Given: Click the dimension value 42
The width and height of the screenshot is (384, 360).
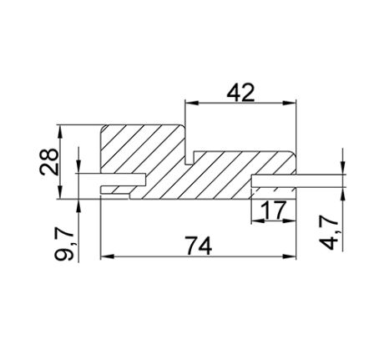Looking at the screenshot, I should point(240,92).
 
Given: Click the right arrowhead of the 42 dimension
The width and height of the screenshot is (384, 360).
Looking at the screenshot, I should point(292,104).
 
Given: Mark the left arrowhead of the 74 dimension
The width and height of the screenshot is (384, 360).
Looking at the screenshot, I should point(105,256).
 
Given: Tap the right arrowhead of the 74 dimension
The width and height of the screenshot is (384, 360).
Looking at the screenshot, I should point(292,256).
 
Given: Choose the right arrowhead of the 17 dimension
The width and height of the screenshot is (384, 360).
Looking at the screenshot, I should point(292,219).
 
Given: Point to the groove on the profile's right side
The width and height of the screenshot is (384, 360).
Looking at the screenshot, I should point(275,180).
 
